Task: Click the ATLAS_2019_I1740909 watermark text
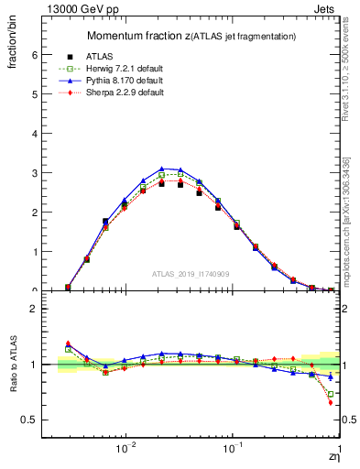tap(191, 273)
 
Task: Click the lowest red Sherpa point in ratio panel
tap(330, 402)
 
